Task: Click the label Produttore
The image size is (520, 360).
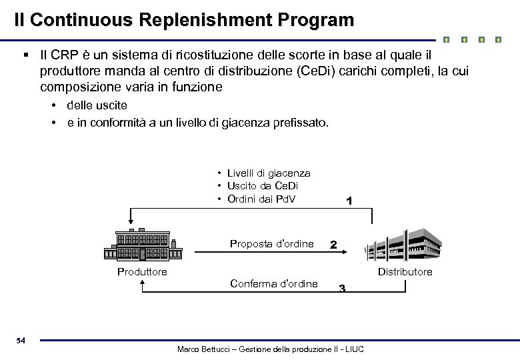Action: pos(142,271)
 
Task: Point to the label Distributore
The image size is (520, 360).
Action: pos(405,271)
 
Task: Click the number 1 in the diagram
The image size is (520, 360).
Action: pos(349,200)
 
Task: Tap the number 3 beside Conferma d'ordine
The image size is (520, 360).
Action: pos(341,288)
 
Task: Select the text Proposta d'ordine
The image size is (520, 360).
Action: pos(271,243)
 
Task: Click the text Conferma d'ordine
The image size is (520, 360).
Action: pos(273,283)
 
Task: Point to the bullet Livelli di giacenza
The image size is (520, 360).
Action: pos(268,173)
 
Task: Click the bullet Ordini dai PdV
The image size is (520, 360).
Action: pos(261,199)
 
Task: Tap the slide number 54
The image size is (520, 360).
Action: pos(21,341)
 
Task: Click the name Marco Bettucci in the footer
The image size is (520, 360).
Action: pos(203,349)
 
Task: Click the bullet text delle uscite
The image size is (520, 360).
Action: pos(97,105)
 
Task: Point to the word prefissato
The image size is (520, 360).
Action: pos(301,123)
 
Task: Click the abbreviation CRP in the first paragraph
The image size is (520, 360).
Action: pos(67,53)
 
